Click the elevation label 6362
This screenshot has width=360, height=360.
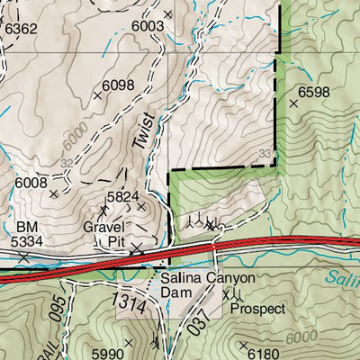tap(22, 29)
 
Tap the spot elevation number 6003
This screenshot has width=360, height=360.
tap(148, 27)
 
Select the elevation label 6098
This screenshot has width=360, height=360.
tap(118, 85)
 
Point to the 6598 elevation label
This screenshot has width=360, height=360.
tap(314, 92)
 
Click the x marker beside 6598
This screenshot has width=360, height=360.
tap(293, 104)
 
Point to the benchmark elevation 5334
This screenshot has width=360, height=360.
tap(27, 241)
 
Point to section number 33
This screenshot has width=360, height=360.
tap(265, 154)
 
